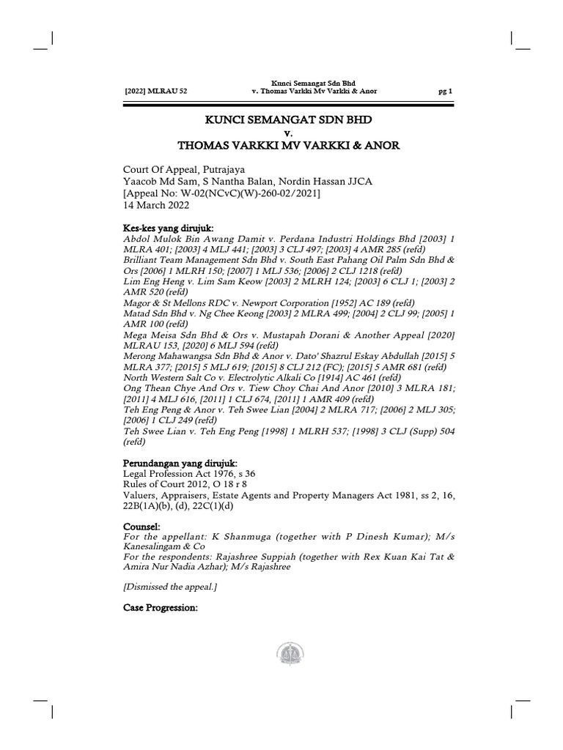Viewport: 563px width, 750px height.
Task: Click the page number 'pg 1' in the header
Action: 446,91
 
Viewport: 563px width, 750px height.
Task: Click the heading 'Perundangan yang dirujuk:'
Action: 180,464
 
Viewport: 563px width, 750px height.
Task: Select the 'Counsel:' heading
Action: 144,527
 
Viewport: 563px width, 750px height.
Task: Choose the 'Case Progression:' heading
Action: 161,607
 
